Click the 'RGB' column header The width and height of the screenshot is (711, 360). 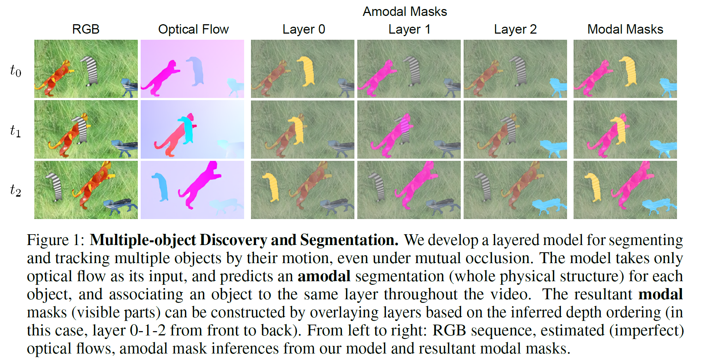[x=86, y=29]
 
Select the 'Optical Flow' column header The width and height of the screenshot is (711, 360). [x=193, y=29]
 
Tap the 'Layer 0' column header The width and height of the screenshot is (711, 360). [x=303, y=29]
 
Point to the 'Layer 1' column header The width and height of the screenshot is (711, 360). [x=409, y=29]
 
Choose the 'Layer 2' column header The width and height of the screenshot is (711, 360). [x=515, y=29]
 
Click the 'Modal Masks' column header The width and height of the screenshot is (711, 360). [x=625, y=29]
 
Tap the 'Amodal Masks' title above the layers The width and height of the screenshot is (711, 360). [x=405, y=12]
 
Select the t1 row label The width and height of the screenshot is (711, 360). [x=16, y=130]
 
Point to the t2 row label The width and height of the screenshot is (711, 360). [x=16, y=190]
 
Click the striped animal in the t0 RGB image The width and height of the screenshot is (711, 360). [x=90, y=70]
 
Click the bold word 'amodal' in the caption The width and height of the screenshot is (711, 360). [x=324, y=276]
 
